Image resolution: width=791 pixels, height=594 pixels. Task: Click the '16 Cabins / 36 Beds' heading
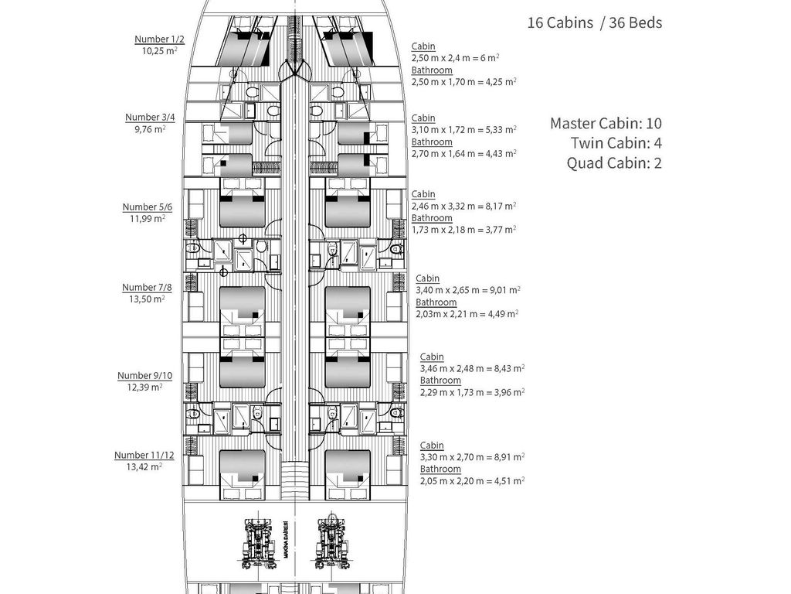[595, 22]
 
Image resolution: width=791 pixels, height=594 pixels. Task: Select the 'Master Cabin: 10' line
[606, 123]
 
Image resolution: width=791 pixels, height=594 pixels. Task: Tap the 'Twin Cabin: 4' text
[616, 143]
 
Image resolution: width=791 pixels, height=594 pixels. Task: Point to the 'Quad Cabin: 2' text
[614, 162]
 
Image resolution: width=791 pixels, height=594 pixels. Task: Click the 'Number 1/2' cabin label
[159, 39]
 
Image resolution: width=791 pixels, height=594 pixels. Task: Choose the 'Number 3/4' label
[150, 118]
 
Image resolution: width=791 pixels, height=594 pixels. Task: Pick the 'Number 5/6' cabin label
[148, 207]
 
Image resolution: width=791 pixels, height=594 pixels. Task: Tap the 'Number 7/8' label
[147, 288]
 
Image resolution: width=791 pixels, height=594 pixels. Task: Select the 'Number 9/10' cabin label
[144, 376]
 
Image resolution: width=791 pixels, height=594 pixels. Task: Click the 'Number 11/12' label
[144, 455]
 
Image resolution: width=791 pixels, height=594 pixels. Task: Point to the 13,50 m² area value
[147, 299]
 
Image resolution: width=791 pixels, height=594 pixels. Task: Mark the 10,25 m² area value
[159, 50]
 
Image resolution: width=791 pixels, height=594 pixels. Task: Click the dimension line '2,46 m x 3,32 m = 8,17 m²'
[463, 206]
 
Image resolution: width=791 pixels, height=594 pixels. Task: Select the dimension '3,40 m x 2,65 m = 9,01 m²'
[468, 291]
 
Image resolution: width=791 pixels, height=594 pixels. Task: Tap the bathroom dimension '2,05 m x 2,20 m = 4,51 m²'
[472, 481]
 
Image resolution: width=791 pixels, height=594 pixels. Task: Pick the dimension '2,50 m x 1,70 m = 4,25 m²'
[463, 82]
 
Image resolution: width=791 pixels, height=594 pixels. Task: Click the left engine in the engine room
[257, 544]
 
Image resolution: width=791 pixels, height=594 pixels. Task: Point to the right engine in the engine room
[333, 544]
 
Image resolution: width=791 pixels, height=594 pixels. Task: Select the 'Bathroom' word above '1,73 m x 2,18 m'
[432, 218]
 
